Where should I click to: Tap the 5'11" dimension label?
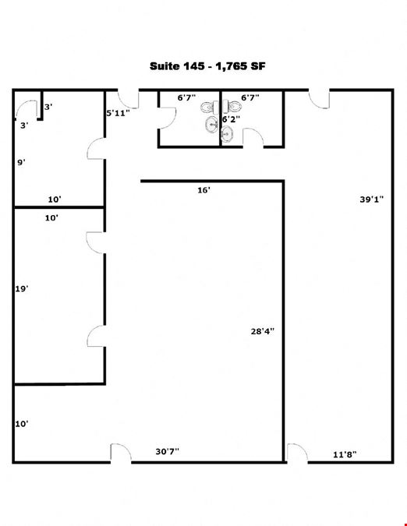(118, 113)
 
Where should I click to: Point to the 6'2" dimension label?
(232, 119)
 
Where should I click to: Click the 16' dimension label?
(203, 190)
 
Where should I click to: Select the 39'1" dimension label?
(371, 199)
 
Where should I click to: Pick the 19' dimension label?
(22, 288)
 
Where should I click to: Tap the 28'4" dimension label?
(263, 331)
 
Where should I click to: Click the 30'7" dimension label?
(167, 451)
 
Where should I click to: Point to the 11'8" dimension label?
(345, 454)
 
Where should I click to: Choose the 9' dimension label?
(22, 163)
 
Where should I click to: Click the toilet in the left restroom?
(210, 108)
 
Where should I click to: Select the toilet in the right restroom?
(232, 107)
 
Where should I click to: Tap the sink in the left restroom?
(211, 125)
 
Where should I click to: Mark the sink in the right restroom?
(227, 134)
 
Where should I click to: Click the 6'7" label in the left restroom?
(186, 98)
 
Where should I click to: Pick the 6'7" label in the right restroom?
(250, 97)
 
